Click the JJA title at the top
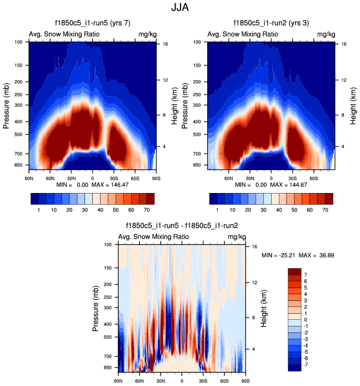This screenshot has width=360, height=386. click(x=180, y=8)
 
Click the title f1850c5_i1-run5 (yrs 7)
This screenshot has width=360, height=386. click(x=92, y=23)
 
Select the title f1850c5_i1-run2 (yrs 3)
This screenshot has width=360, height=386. click(x=271, y=23)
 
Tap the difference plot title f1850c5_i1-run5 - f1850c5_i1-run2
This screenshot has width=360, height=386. click(x=182, y=226)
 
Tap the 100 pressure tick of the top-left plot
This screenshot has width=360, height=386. click(x=18, y=42)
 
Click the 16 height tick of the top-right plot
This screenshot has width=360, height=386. click(x=344, y=44)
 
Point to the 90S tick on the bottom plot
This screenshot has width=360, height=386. click(x=245, y=382)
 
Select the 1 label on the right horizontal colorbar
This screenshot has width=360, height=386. click(x=216, y=211)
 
